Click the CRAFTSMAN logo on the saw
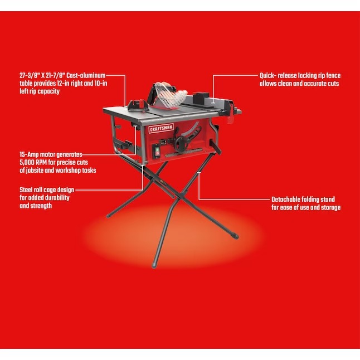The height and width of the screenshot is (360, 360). [161, 129]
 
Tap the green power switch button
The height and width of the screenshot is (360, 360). [157, 149]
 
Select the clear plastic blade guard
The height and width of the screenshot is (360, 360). [169, 95]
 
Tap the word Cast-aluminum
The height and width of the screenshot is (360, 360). [86, 76]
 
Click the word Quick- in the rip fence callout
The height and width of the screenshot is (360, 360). [267, 76]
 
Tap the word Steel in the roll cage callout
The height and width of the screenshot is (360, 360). [26, 190]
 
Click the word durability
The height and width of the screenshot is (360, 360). [57, 198]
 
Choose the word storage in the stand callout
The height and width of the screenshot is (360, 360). [330, 207]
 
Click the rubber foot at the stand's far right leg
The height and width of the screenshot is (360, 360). [235, 236]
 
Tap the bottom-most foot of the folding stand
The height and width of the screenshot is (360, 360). [154, 265]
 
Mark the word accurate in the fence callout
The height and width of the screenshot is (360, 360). [314, 84]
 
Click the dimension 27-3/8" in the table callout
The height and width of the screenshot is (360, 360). [30, 76]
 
